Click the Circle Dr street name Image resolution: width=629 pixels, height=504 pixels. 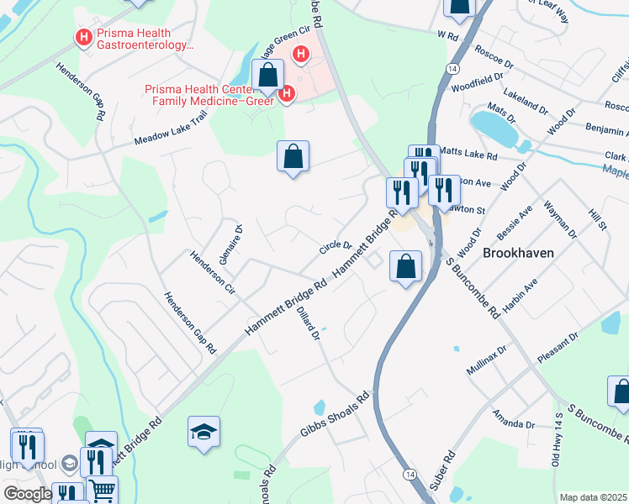tap(335, 246)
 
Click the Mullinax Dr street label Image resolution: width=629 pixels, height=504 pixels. tap(487, 360)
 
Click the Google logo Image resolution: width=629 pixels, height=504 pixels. tap(28, 494)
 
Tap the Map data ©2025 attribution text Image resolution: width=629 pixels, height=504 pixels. tap(594, 497)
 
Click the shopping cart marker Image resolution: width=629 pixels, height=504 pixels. tap(102, 489)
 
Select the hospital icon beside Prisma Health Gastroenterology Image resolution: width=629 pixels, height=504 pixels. tap(83, 37)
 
